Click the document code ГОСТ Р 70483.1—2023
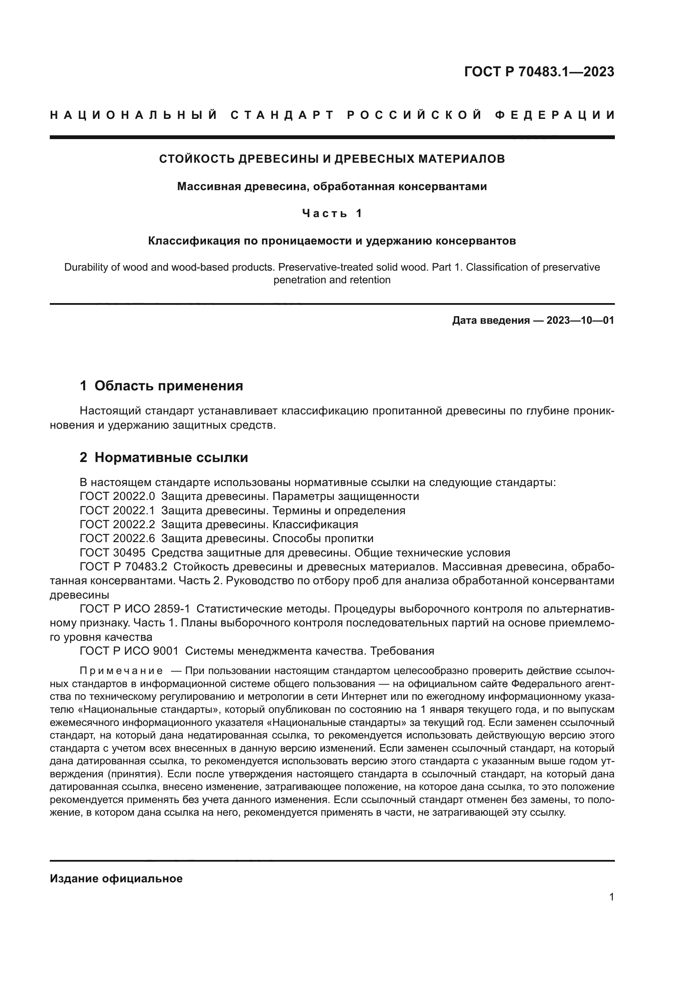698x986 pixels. click(539, 72)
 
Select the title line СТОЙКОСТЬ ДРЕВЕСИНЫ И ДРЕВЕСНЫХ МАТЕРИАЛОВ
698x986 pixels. click(332, 159)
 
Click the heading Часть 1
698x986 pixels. click(332, 213)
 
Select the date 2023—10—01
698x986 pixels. click(580, 320)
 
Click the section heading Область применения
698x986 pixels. click(168, 386)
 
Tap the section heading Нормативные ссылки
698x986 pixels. click(171, 458)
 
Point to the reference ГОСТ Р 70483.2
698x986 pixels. click(123, 567)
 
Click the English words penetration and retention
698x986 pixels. click(332, 280)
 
